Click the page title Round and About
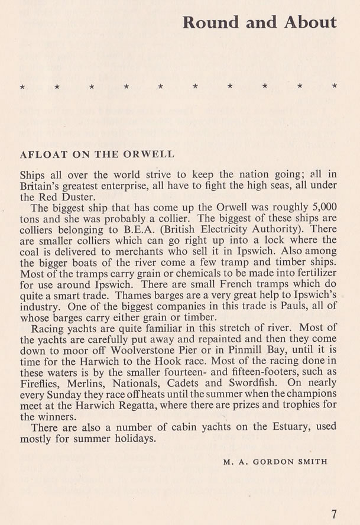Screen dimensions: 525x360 (x=260, y=22)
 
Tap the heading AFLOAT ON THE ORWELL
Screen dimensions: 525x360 (x=98, y=154)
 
